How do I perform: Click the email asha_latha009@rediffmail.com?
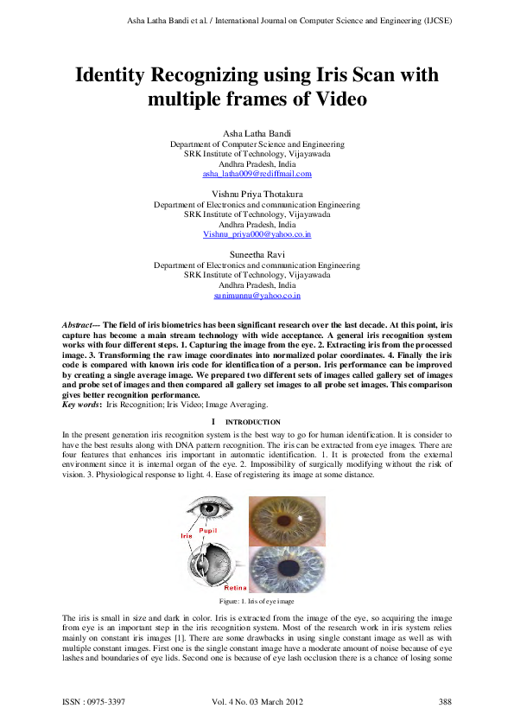[257, 174]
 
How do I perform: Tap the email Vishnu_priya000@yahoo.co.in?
[257, 234]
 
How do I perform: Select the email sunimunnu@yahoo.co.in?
[257, 296]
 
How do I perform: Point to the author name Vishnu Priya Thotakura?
[257, 194]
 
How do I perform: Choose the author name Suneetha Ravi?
[257, 254]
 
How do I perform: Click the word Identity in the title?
[123, 75]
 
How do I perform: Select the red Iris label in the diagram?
[186, 536]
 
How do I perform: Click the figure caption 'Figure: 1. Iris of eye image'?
[257, 601]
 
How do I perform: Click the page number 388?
[446, 699]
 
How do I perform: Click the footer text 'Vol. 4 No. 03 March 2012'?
[257, 699]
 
